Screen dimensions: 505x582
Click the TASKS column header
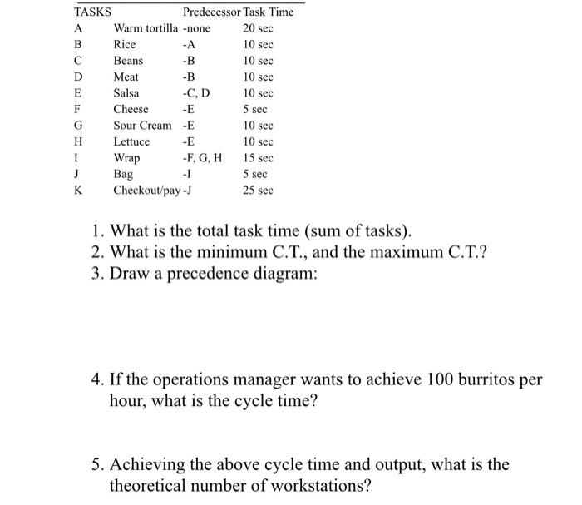(93, 12)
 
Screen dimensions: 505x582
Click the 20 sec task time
(258, 28)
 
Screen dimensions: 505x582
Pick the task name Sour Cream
(142, 126)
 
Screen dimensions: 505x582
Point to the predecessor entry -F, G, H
(202, 158)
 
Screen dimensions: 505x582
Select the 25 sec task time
(258, 191)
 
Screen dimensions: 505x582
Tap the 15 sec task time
(258, 158)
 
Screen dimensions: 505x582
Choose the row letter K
(78, 191)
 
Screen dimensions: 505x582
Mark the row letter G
(78, 126)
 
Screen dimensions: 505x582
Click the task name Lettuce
(131, 142)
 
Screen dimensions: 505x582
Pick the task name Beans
(128, 61)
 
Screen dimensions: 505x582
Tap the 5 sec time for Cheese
(254, 110)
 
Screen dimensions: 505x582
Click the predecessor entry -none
(197, 28)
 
